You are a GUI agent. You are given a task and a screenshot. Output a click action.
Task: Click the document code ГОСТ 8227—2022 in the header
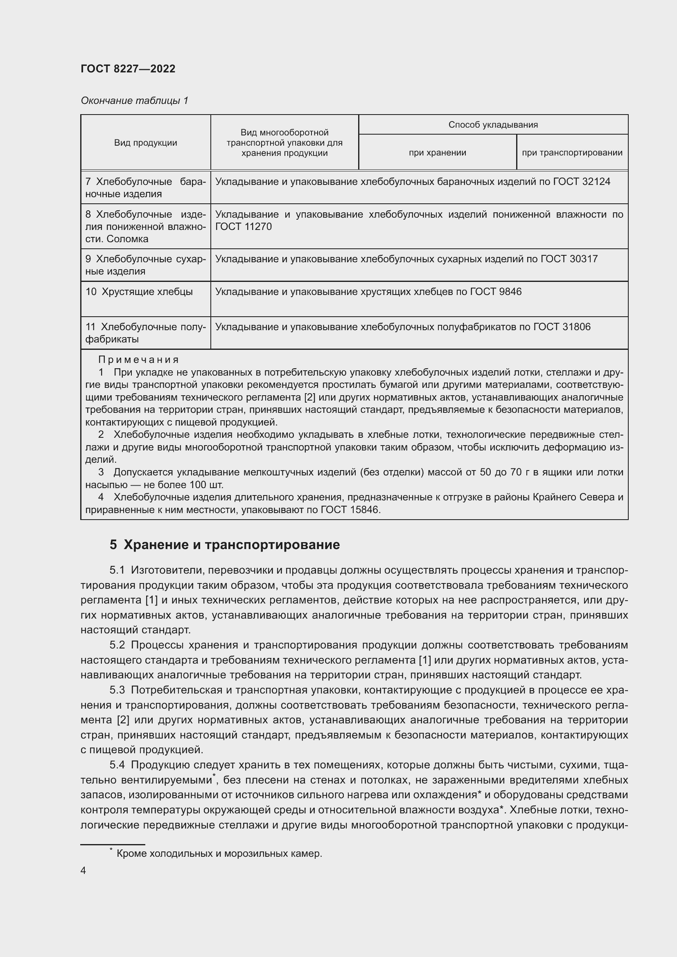click(x=128, y=69)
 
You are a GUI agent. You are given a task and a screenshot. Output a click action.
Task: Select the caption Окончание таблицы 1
click(x=134, y=101)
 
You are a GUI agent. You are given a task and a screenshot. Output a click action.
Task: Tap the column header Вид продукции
click(x=145, y=143)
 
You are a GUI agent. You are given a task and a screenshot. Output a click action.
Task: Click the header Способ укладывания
click(x=493, y=125)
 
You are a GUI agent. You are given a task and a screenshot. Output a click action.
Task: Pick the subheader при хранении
click(x=437, y=153)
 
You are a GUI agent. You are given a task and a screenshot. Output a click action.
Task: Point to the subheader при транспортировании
click(x=572, y=153)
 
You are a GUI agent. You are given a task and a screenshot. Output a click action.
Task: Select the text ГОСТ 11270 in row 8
click(x=243, y=227)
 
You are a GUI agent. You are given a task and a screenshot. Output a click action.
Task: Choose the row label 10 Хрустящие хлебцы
click(x=139, y=292)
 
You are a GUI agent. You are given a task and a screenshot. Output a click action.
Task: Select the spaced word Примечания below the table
click(x=138, y=360)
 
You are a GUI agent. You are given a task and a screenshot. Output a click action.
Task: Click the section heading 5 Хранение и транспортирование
click(x=225, y=545)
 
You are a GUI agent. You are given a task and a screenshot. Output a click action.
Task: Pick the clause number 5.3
click(x=117, y=690)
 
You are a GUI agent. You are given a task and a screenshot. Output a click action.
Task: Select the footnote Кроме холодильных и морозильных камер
click(x=219, y=853)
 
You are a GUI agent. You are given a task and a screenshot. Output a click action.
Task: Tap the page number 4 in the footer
click(x=83, y=870)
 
